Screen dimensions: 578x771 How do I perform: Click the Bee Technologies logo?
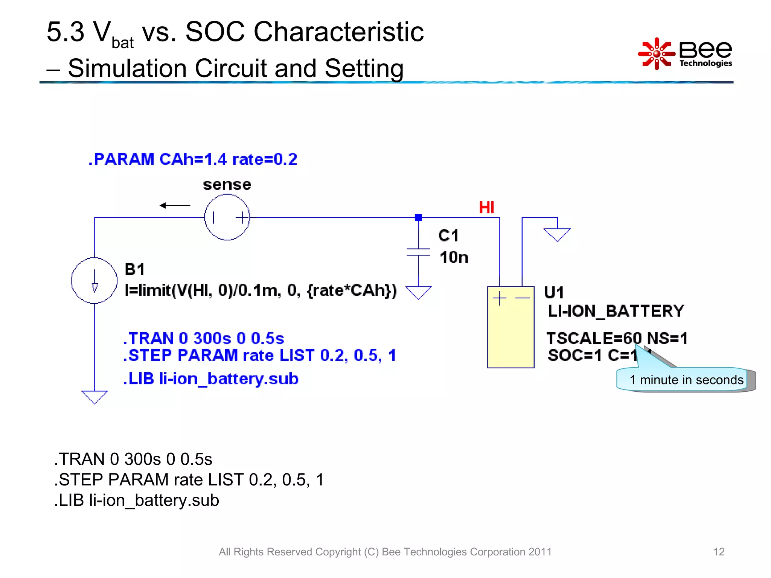click(685, 54)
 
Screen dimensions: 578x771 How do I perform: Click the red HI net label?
click(486, 207)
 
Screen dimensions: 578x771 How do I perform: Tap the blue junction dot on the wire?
click(418, 218)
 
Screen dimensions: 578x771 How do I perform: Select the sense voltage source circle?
click(227, 217)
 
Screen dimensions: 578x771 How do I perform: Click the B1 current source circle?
click(94, 281)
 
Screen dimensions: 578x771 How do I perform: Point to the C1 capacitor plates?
click(418, 252)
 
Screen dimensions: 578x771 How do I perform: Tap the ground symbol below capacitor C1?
click(418, 293)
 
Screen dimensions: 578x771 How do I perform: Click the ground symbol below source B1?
click(94, 397)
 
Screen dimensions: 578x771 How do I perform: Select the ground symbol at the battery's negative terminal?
click(557, 234)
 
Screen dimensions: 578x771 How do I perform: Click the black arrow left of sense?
click(175, 205)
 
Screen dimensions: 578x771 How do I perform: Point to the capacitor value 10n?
click(454, 257)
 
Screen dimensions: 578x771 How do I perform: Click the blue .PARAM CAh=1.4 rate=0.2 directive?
click(193, 159)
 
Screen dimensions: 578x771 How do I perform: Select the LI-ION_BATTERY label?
click(616, 311)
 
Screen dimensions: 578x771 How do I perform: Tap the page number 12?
click(719, 552)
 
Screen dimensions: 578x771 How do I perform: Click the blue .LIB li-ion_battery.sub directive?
click(211, 379)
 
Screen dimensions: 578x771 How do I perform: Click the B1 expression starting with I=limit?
click(261, 290)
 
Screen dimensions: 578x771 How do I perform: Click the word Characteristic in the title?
click(339, 32)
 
